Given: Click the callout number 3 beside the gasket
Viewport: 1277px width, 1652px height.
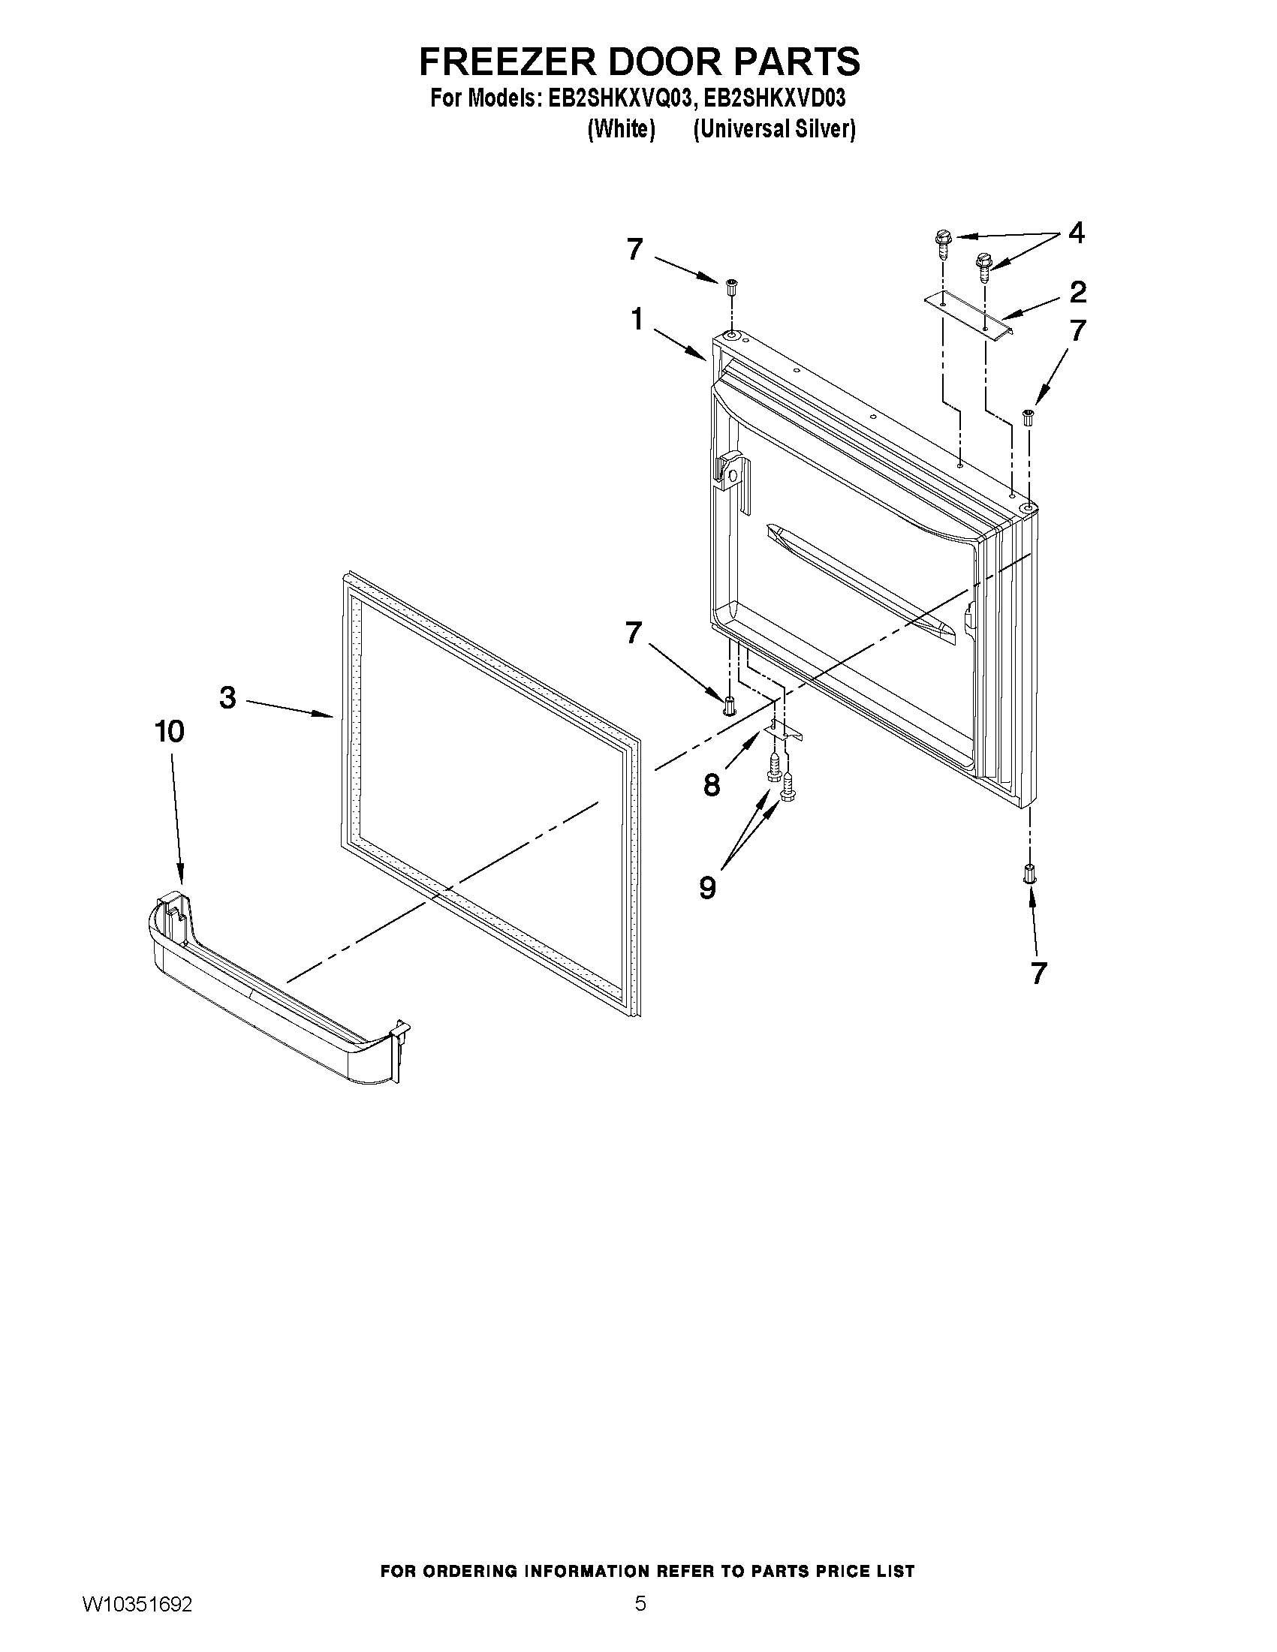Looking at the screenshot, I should (227, 697).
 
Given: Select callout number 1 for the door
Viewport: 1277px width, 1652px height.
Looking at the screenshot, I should (637, 319).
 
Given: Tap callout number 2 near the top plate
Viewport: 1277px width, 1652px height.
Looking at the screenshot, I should (1077, 292).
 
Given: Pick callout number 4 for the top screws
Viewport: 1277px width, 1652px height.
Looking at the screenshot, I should (1076, 233).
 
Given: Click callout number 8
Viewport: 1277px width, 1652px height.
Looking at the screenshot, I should (711, 785).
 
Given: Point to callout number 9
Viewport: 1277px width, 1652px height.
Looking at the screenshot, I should (707, 886).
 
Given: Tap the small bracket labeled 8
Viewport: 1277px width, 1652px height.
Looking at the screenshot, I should (782, 730).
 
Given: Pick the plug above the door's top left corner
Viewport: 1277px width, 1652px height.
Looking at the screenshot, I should (731, 287).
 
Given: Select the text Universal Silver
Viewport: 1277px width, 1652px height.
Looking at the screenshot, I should (774, 129).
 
